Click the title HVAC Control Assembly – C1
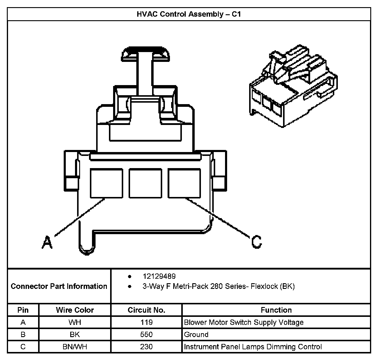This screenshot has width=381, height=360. pyautogui.click(x=188, y=14)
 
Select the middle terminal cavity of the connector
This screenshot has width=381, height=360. pyautogui.click(x=145, y=183)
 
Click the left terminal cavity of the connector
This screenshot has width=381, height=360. pyautogui.click(x=107, y=183)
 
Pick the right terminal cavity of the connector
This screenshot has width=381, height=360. pyautogui.click(x=184, y=183)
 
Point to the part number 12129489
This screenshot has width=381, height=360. pyautogui.click(x=159, y=276)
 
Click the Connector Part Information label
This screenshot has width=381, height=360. pyautogui.click(x=59, y=286)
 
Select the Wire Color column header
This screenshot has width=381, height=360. pyautogui.click(x=75, y=310)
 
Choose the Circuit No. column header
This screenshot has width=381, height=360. pyautogui.click(x=146, y=310)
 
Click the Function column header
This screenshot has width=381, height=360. pyautogui.click(x=276, y=310)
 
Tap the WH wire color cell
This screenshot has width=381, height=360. pyautogui.click(x=75, y=322)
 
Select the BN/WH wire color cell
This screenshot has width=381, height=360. pyautogui.click(x=75, y=347)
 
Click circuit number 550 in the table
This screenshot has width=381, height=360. pyautogui.click(x=146, y=334)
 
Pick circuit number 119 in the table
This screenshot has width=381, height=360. pyautogui.click(x=146, y=322)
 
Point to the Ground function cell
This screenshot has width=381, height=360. pyautogui.click(x=196, y=334)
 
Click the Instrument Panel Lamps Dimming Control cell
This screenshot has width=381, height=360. pyautogui.click(x=253, y=347)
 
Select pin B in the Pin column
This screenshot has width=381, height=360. pyautogui.click(x=23, y=334)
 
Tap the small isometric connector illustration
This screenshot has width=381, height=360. pyautogui.click(x=293, y=86)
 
